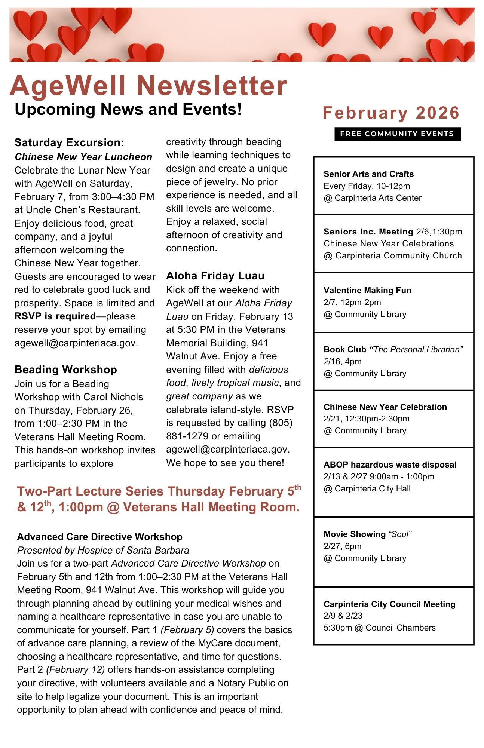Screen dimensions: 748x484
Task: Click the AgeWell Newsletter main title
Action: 148,86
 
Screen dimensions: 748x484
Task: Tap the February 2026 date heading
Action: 391,113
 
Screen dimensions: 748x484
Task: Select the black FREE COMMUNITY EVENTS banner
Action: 397,134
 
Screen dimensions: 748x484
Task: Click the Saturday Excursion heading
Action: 69,142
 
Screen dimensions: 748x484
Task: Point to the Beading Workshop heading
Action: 66,370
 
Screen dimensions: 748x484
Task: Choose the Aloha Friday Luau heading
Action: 215,276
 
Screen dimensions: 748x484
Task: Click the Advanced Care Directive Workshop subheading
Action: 100,537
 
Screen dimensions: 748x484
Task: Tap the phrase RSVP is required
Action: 55,316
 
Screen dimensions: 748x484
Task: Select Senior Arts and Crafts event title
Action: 368,174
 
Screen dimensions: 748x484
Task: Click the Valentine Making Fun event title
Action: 367,290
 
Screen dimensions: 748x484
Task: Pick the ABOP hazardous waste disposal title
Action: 390,465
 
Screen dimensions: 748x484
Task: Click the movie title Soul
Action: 400,534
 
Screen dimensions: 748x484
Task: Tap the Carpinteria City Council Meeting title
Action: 389,604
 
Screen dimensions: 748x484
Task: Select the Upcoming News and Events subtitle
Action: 128,110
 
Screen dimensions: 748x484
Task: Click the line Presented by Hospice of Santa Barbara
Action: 103,550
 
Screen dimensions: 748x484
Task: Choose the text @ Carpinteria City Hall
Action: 367,488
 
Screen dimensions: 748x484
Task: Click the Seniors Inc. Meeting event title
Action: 368,232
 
